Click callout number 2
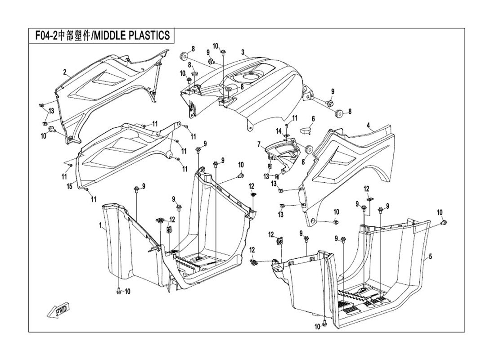coord(65,72)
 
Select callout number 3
coord(243,52)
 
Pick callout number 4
coord(368,125)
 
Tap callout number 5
coord(430,256)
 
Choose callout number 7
coord(259,144)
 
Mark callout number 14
coord(279,131)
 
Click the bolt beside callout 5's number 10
coord(443,223)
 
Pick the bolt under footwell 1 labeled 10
coord(118,291)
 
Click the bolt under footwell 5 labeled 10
coord(324,325)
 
